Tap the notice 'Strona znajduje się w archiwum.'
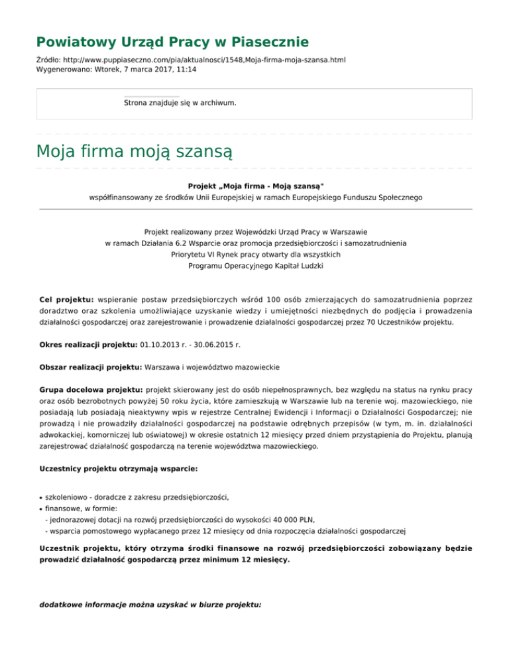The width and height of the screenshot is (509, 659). pos(180,103)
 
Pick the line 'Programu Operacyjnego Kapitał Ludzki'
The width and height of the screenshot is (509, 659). pos(255,265)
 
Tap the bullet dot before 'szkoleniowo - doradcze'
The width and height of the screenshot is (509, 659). pos(40,497)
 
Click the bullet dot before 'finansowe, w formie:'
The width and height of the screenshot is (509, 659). pos(40,509)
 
